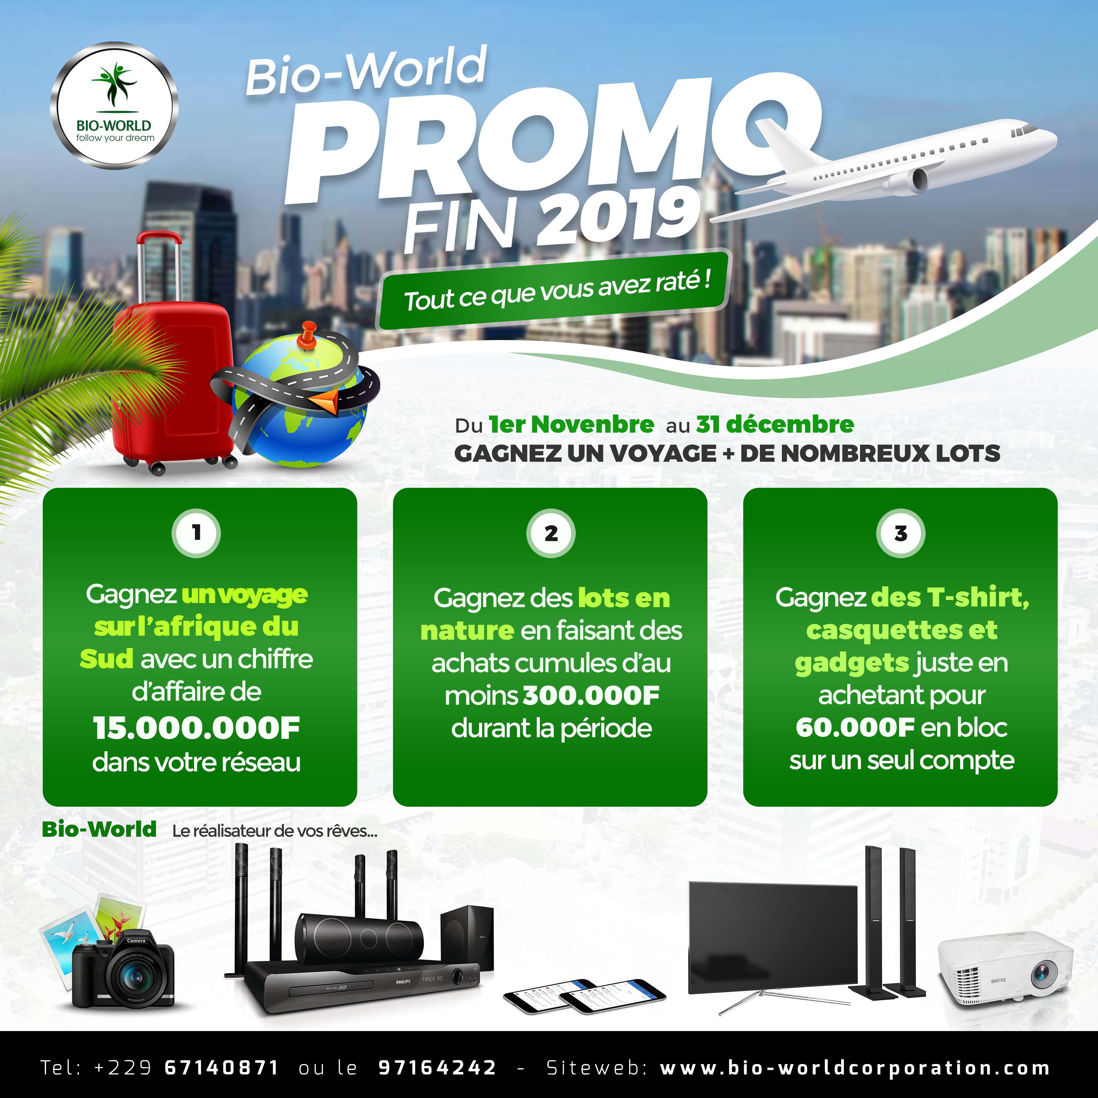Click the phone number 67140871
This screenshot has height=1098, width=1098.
point(222,1067)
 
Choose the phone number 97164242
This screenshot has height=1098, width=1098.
point(438,1067)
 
